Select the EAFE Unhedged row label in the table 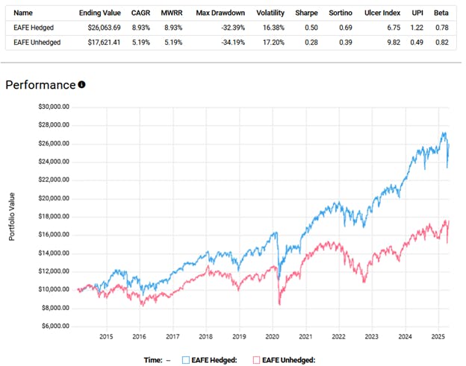coord(35,42)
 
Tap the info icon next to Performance coord(81,84)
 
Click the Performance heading coord(40,84)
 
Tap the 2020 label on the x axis coord(272,336)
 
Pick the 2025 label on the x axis coord(438,336)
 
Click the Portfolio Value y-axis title coord(11,217)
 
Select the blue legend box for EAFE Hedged coord(186,359)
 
